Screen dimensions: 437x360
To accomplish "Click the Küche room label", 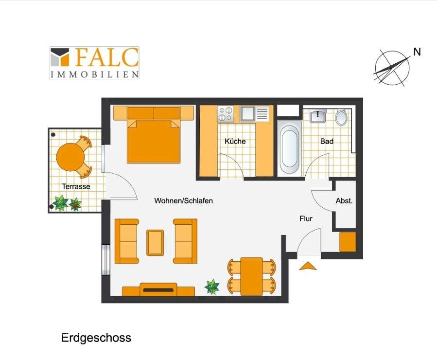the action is point(235,141).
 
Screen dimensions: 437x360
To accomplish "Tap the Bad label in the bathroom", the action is point(327,141).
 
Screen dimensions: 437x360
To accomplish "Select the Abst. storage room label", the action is point(344,200).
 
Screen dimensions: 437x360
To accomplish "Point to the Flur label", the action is point(306,218).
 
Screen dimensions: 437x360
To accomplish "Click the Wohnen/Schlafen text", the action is point(183,200).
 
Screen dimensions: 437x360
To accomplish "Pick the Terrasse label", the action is point(76,186).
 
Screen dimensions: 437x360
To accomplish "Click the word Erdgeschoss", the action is point(96,338).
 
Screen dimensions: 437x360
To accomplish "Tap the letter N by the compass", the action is point(417,52).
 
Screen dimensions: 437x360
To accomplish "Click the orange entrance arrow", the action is point(308,266).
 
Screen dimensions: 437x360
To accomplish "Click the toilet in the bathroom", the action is point(341,117).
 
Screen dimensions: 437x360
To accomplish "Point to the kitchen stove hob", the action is point(226,114).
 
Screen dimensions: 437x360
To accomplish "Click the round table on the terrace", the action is point(70,157).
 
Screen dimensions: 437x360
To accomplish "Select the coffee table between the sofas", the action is point(155,243).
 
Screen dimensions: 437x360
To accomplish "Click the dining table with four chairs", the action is point(251,276).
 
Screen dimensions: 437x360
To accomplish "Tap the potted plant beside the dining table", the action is point(212,287).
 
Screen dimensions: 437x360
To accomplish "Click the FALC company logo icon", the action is point(60,57).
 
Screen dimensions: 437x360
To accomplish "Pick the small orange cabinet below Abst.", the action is point(348,241).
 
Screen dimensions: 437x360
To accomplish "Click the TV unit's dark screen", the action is point(158,290).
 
